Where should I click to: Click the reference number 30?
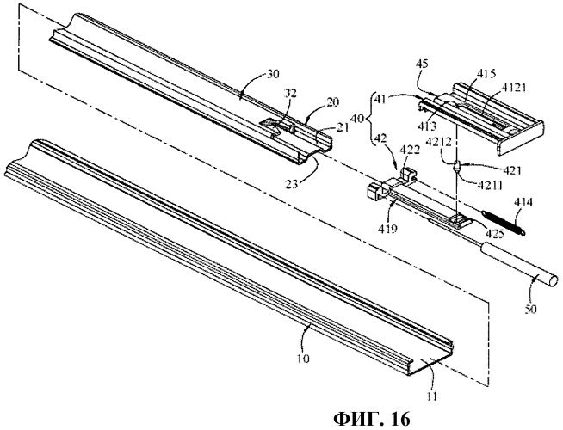pyautogui.click(x=273, y=75)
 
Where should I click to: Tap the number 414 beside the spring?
pyautogui.click(x=523, y=202)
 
